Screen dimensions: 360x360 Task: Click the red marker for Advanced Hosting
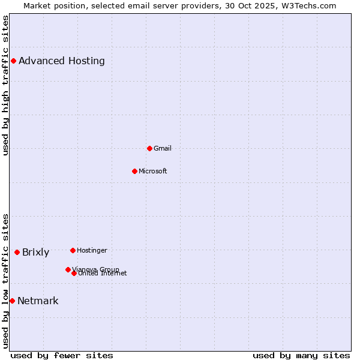click(13, 61)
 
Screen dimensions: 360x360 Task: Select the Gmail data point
click(149, 148)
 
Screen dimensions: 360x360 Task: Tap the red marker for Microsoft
click(134, 171)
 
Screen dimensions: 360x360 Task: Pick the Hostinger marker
click(73, 250)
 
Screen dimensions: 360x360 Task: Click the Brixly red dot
click(17, 252)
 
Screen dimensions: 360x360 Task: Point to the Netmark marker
click(12, 301)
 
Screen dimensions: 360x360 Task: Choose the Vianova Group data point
click(68, 269)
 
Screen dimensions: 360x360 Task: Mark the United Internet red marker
click(74, 273)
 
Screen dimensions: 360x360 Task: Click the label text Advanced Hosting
click(62, 61)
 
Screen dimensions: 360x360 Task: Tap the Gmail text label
click(163, 148)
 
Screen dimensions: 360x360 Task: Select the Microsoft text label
click(153, 171)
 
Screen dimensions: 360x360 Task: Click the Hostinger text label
click(92, 250)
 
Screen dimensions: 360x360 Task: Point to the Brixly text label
click(35, 252)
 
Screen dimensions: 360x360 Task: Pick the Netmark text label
click(38, 301)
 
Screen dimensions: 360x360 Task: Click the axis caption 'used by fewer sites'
click(62, 355)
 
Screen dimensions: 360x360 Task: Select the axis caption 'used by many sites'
click(301, 355)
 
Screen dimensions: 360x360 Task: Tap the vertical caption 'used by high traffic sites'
click(6, 85)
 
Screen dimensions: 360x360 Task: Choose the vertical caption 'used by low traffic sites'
click(6, 280)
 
